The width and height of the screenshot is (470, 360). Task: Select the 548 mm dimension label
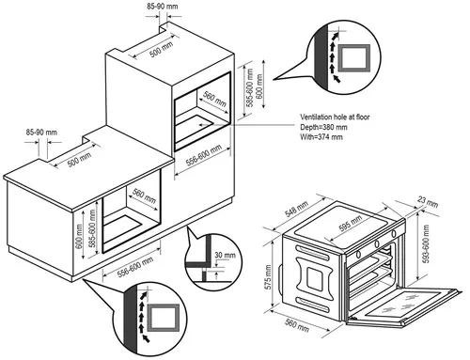[x=296, y=209]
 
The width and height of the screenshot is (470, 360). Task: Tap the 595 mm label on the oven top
[x=351, y=223]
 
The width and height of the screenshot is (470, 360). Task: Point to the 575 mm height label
[x=268, y=276]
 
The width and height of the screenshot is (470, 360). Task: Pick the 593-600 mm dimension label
[x=426, y=243]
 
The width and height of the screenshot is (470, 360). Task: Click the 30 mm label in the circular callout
[x=225, y=255]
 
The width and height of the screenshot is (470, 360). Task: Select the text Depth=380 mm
[x=323, y=127]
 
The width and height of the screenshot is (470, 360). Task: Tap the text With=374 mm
[x=321, y=137]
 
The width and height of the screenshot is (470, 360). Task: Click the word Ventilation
[x=316, y=117]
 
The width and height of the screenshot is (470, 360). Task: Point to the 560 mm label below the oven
[x=297, y=325]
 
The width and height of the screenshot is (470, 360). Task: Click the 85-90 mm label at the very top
[x=163, y=7]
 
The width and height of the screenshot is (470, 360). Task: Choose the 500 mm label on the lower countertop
[x=80, y=160]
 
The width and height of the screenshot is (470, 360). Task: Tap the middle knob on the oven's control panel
[x=377, y=243]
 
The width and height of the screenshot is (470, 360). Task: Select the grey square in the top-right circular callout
[x=354, y=57]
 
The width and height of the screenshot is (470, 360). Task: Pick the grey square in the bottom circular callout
[x=164, y=317]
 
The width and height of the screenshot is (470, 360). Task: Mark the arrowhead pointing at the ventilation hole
[x=201, y=125]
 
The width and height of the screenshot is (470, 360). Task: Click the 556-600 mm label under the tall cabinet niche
[x=204, y=155]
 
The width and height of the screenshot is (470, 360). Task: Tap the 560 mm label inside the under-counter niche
[x=144, y=196]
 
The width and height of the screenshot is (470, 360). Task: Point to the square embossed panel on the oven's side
[x=314, y=277]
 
